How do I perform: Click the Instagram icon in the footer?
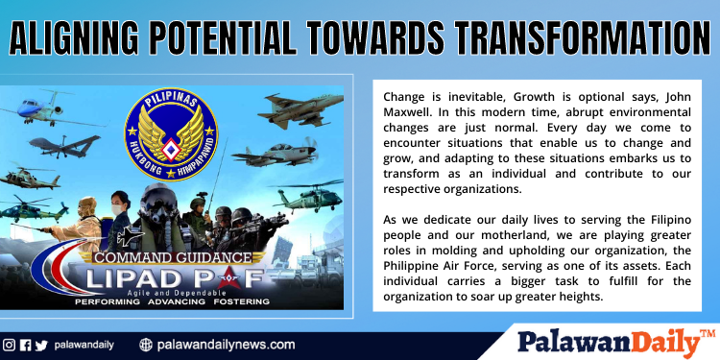tap(9, 344)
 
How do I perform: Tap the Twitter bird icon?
tap(40, 344)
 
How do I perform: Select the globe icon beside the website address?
tap(146, 344)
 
